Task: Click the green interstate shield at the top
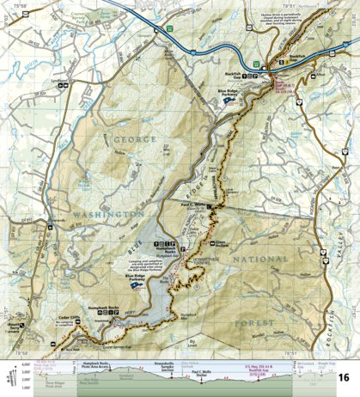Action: coord(171,27)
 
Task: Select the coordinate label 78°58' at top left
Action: coord(17,8)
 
